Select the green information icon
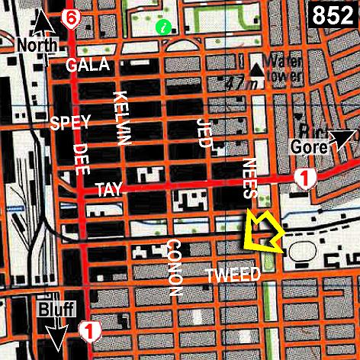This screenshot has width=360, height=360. click(162, 27)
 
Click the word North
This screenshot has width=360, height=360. click(36, 45)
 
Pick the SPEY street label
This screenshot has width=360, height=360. click(70, 122)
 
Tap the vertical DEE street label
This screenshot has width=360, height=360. click(80, 159)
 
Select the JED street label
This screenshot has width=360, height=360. click(203, 133)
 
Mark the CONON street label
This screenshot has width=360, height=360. click(173, 268)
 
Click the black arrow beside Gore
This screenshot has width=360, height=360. click(340, 140)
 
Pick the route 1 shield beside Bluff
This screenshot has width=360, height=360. click(88, 331)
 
